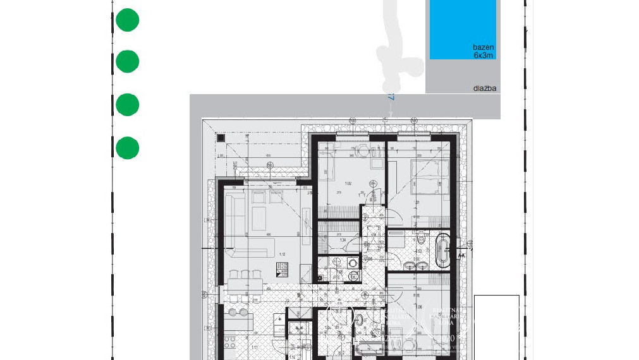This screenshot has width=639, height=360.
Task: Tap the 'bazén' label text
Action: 484,47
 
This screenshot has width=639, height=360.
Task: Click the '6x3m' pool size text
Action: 484,56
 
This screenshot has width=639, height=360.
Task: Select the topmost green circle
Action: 127,20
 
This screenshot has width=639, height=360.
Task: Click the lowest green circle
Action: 127,148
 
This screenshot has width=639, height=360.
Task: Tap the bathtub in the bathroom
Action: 443,249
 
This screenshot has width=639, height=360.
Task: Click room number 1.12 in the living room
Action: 282,255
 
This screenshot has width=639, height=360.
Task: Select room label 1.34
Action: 343,241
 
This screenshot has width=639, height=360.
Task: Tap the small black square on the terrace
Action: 221,138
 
